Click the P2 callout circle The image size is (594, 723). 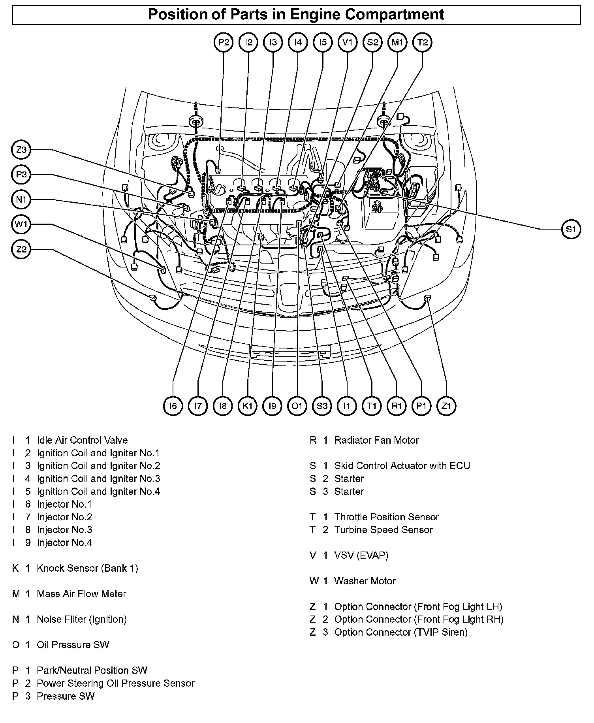224,42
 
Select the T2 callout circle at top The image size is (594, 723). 422,42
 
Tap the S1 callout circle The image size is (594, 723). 571,229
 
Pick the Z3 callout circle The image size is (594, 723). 21,150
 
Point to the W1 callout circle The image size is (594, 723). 21,225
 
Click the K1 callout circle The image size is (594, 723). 248,406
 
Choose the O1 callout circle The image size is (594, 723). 297,406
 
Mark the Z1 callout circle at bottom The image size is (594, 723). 446,406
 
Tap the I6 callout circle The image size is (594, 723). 173,406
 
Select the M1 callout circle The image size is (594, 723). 397,42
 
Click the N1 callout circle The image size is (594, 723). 21,200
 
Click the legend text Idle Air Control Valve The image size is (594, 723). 82,440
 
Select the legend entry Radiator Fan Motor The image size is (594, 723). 376,440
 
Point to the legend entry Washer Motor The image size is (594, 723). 365,581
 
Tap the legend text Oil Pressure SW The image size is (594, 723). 73,645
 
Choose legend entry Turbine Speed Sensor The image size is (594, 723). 383,530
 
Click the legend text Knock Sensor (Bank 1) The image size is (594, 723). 87,568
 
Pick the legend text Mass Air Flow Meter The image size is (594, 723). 81,594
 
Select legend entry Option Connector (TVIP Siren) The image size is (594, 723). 400,632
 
